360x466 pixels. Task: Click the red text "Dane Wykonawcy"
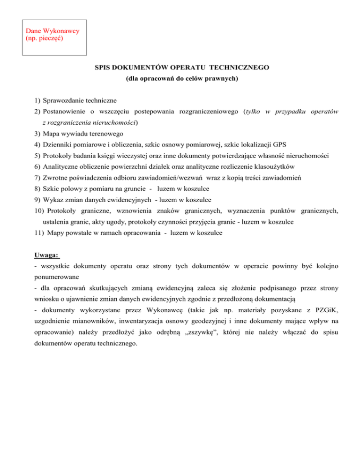52,30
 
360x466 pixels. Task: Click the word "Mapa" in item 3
51,122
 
